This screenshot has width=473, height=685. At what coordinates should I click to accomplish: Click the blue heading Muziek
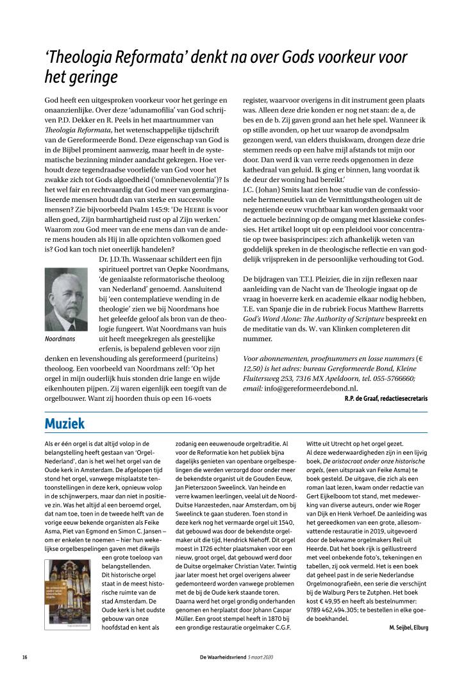pyautogui.click(x=64, y=424)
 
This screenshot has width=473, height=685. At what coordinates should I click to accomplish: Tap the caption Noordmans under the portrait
pyautogui.click(x=60, y=338)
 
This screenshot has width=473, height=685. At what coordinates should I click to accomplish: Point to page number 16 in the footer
pyautogui.click(x=24, y=657)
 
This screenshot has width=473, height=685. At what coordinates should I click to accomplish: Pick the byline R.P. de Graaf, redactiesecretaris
pyautogui.click(x=381, y=398)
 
